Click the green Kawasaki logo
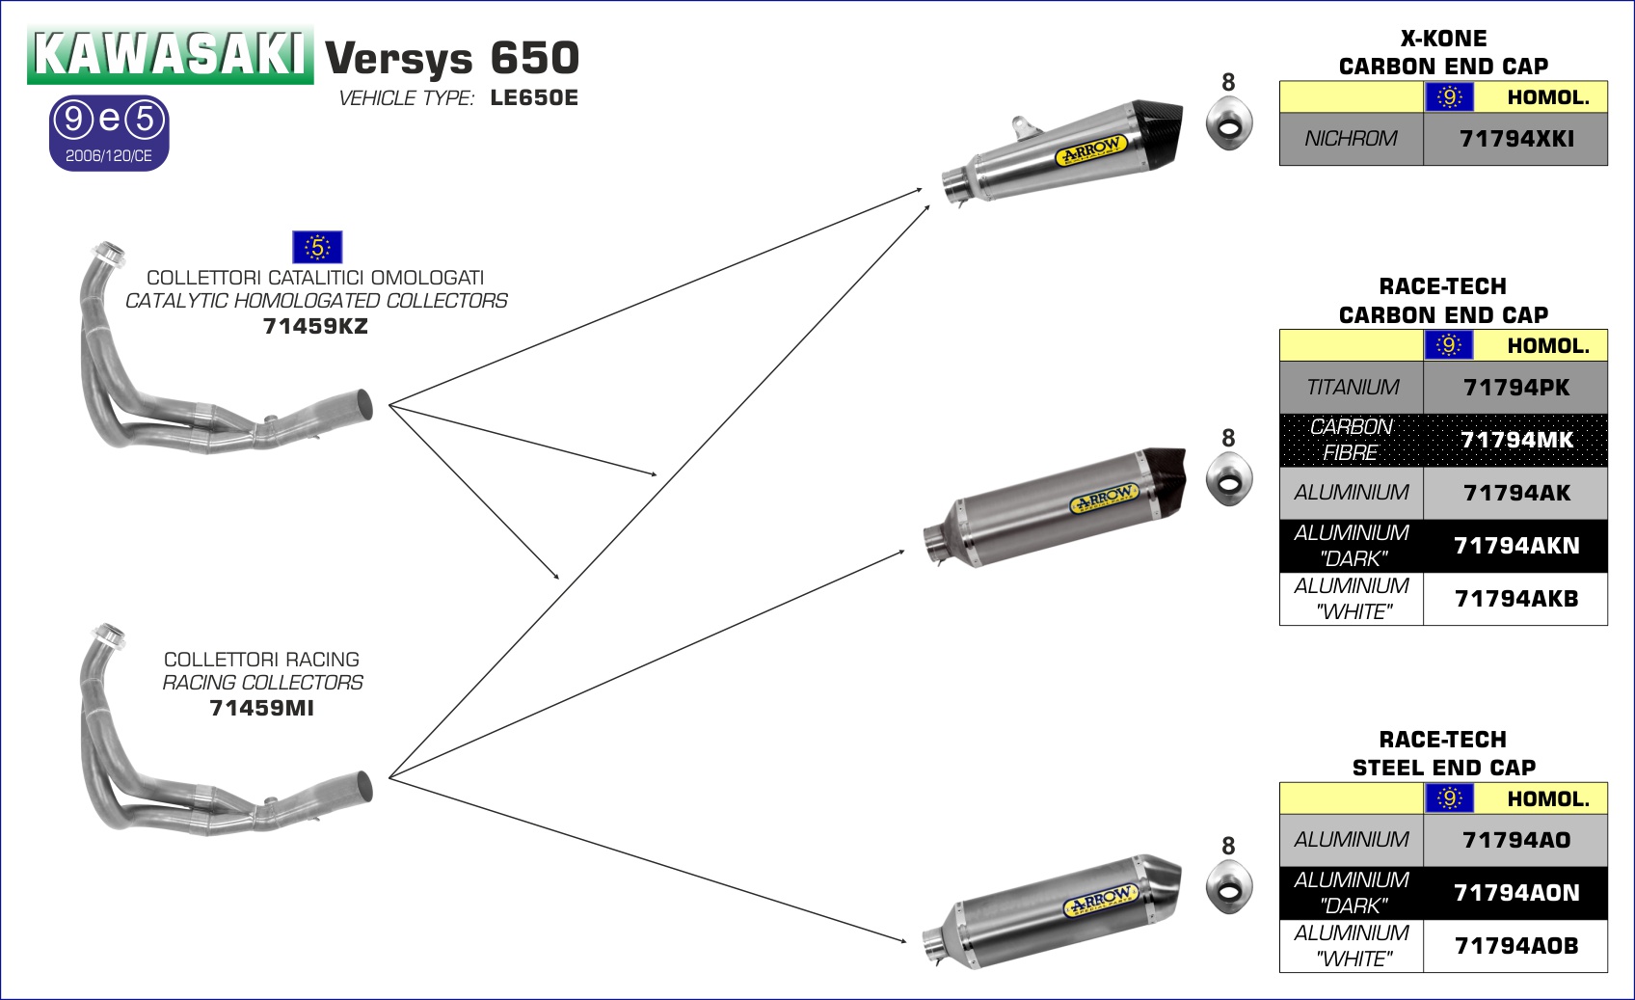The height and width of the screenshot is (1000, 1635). coord(171,54)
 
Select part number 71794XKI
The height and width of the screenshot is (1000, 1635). coord(1515,139)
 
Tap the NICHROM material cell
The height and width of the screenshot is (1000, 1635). coord(1351,139)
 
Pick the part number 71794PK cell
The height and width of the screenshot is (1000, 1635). coord(1515,388)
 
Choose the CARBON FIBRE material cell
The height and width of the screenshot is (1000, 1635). coord(1351,440)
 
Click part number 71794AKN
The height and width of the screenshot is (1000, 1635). coord(1515,546)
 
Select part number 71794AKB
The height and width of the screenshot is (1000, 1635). coord(1515,599)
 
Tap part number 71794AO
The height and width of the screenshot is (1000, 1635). coord(1515,840)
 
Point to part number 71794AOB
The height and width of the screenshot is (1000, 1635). coord(1515,946)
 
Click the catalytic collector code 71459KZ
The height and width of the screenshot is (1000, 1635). coord(315,327)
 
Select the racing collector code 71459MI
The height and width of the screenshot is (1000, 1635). coord(261,709)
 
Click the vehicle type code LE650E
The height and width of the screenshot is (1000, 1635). coord(534,98)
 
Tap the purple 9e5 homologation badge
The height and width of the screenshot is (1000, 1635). coord(109,132)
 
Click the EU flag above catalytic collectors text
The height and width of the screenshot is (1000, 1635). coord(317,247)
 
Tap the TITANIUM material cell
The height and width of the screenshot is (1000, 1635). coord(1351,388)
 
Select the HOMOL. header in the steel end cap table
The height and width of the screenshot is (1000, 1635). coord(1547,799)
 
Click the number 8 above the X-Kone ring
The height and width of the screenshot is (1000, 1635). coord(1228,83)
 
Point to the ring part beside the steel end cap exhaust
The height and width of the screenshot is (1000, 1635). coord(1229,884)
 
